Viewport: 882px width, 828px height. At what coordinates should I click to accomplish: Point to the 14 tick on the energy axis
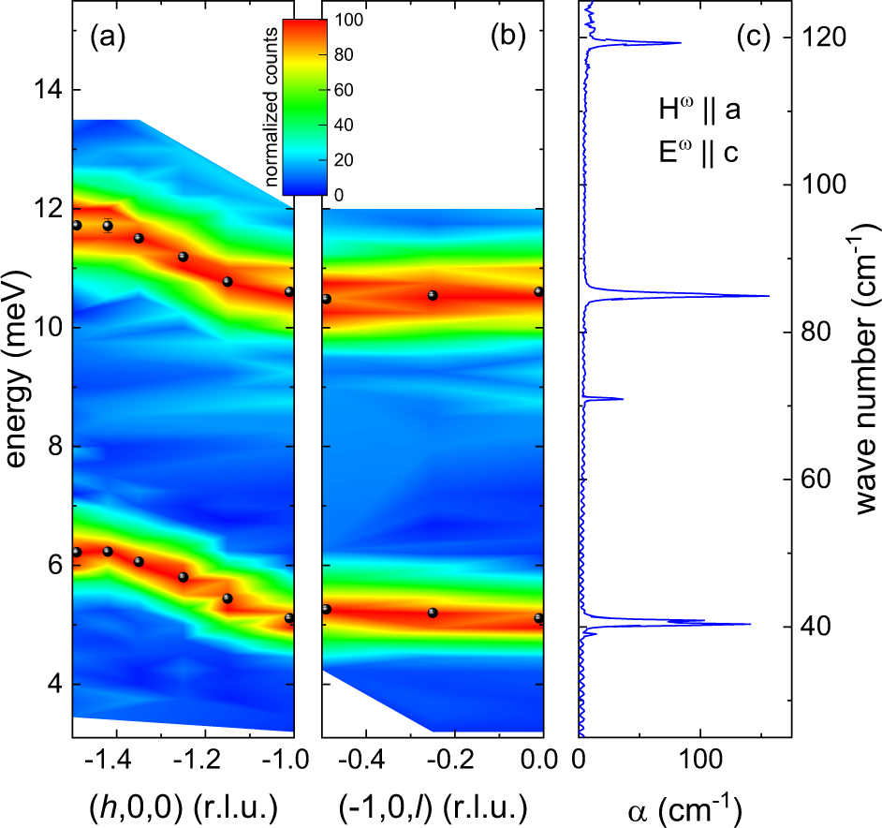coord(42,91)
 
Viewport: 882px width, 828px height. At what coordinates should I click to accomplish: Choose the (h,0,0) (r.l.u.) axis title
coord(183,806)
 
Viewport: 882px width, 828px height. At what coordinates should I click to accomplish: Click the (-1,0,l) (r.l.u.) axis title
coord(432,806)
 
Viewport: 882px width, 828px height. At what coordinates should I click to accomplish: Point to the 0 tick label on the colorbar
coord(339,195)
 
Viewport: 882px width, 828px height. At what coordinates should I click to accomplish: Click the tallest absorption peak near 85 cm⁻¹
coord(768,296)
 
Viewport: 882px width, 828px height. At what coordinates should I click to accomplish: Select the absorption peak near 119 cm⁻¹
coord(680,43)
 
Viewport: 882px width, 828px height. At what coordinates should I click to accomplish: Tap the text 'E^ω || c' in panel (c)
coord(699,152)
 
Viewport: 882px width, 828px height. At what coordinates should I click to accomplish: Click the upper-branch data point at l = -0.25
coord(433,295)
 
